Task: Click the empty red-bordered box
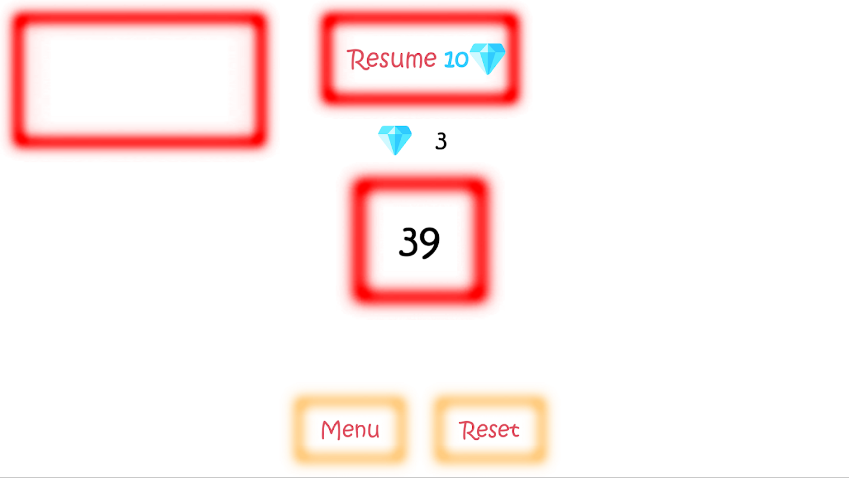(139, 79)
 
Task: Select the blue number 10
(456, 59)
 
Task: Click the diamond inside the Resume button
(488, 58)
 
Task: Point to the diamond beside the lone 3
(395, 140)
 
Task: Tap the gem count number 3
(441, 141)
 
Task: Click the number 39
(419, 242)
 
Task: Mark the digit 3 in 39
(408, 241)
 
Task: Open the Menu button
(350, 430)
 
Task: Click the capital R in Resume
(356, 59)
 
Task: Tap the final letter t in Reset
(514, 430)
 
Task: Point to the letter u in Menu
(373, 431)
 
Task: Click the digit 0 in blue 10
(461, 60)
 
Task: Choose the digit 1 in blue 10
(448, 59)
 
